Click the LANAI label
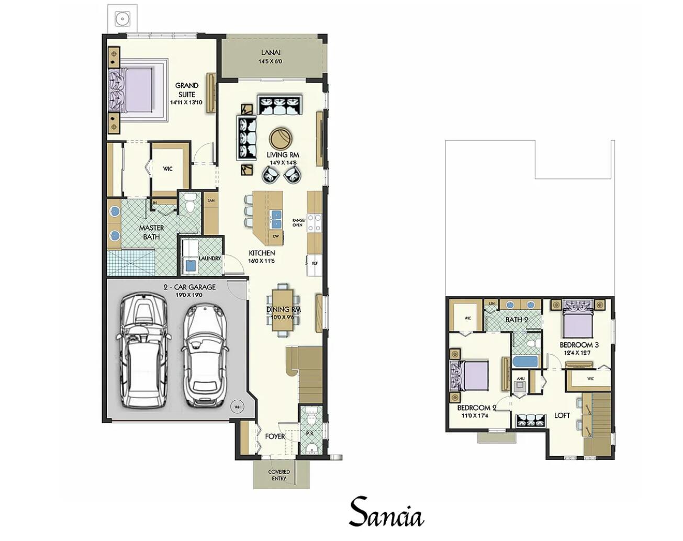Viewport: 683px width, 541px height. coord(271,52)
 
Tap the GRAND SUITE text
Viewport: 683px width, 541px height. coord(186,89)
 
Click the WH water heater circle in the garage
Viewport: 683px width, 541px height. coord(237,407)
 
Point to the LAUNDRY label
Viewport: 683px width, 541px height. coord(209,258)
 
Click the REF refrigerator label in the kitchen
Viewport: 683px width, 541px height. coord(315,264)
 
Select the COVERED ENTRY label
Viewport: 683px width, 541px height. coord(279,475)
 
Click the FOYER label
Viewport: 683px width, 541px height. coord(275,436)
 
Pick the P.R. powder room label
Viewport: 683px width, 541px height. coord(309,434)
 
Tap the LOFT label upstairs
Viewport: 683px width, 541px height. coord(562,415)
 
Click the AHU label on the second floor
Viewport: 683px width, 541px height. coord(520,378)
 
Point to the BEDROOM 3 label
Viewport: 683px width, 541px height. coord(579,345)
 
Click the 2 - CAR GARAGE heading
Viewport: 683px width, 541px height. coord(189,287)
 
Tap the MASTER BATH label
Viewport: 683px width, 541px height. coord(151,232)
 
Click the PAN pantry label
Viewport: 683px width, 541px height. coord(210,200)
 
